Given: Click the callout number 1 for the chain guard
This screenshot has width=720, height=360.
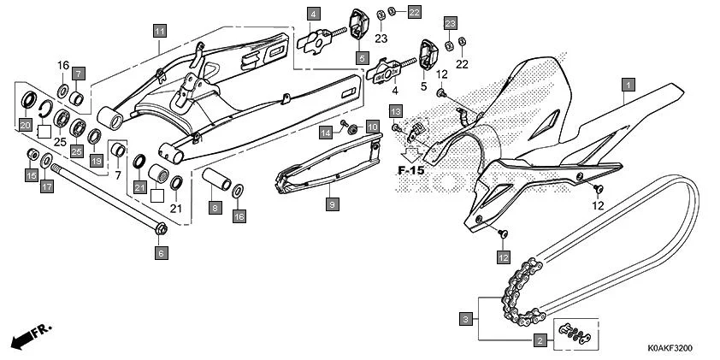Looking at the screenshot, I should point(628,85).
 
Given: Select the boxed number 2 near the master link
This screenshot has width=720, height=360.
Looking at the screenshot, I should point(540,341).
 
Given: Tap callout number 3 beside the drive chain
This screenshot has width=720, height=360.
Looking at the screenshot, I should point(464,319).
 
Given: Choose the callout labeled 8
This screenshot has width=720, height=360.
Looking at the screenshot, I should point(215,208).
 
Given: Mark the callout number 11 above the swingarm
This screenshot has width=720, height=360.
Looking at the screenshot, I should point(159,31).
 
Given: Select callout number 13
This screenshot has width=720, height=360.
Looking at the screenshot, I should point(396,112).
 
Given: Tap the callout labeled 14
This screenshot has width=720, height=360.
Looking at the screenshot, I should point(327,131).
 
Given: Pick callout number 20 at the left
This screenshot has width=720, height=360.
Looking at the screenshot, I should point(26,126).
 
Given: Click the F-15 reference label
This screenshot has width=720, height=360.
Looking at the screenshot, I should point(410,170).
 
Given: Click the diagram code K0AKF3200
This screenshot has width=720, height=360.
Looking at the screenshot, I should point(669,348).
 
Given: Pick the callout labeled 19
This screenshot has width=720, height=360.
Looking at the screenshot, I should point(96,160).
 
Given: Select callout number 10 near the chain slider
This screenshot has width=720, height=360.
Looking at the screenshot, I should point(372,126).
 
